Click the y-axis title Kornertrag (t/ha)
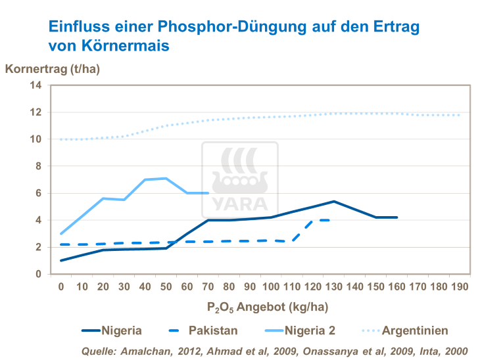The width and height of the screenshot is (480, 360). (x=56, y=68)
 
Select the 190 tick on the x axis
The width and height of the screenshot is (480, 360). (x=459, y=286)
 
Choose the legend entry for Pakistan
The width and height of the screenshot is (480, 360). (x=204, y=330)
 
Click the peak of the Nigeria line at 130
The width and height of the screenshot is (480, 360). (x=334, y=201)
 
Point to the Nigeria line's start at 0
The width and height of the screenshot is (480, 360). (x=61, y=261)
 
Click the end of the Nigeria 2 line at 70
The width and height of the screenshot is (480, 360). (x=208, y=193)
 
